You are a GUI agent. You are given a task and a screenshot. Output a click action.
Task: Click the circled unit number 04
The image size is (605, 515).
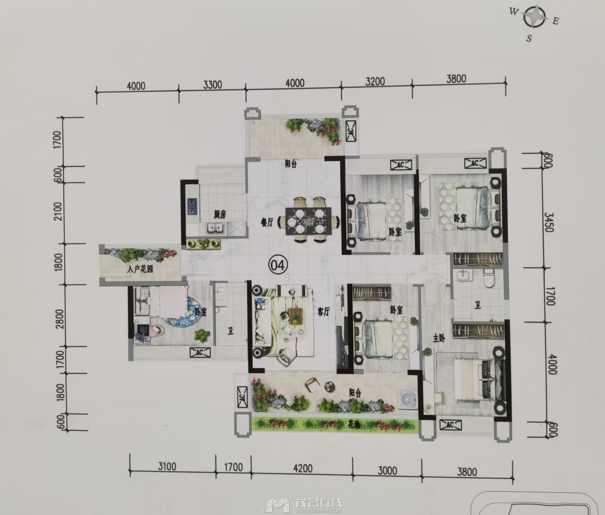click(x=278, y=265)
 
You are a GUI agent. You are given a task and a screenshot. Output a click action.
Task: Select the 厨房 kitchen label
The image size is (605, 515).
click(x=220, y=215)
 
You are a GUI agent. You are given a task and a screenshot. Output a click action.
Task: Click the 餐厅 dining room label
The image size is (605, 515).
click(x=267, y=223)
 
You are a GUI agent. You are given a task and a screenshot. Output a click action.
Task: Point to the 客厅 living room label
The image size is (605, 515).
click(x=324, y=312)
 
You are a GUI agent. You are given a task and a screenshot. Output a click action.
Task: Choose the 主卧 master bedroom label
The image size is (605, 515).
click(x=439, y=338)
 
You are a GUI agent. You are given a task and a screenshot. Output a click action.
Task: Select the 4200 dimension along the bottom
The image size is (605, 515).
click(x=302, y=468)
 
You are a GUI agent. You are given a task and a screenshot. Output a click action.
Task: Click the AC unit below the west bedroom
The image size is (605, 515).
click(x=200, y=353)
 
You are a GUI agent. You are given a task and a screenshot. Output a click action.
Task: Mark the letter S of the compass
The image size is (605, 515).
click(x=528, y=38)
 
